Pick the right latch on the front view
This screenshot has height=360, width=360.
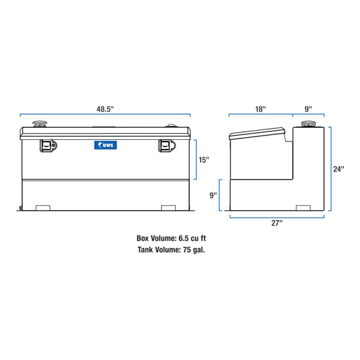(x=166, y=145)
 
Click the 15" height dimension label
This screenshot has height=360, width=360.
(x=205, y=160)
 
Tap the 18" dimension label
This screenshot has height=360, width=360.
(x=260, y=109)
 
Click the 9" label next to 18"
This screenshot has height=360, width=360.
(x=308, y=109)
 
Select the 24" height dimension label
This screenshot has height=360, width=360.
(x=339, y=169)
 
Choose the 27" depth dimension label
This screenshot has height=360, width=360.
(x=276, y=223)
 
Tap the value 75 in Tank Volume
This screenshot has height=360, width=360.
(x=184, y=250)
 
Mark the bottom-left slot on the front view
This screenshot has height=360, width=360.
(x=43, y=208)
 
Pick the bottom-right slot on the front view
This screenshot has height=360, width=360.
(x=169, y=208)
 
